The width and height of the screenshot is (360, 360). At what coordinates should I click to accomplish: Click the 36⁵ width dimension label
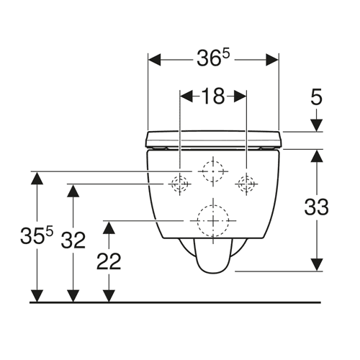[x=213, y=58]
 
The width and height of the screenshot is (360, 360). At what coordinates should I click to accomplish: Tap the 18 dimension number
[x=213, y=96]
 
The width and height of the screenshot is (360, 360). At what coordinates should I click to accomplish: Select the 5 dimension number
[x=316, y=96]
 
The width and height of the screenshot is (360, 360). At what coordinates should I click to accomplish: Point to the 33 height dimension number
[x=316, y=207]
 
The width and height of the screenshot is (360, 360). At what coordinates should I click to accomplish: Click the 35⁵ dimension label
[x=37, y=235]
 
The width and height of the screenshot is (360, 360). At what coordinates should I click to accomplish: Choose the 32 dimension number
[x=73, y=240]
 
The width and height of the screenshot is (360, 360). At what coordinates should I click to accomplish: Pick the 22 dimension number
[x=109, y=261]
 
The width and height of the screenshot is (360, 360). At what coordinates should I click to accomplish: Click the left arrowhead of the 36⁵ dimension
[x=154, y=60]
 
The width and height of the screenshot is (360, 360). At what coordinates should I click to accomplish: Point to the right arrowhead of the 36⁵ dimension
[x=272, y=60]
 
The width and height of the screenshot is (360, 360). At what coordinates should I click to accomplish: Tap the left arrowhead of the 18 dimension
[x=186, y=96]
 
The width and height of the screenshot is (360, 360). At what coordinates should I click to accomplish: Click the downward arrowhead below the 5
[x=317, y=125]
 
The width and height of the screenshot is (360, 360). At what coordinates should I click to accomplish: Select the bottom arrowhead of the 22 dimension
[x=109, y=296]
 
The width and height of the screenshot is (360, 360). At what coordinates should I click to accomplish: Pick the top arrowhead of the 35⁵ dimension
[x=37, y=178]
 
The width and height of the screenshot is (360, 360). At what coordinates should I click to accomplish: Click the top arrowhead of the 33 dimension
[x=317, y=156]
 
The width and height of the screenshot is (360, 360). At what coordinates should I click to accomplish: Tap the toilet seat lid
[x=213, y=139]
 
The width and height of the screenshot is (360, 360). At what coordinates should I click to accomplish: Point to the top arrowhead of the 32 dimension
[x=73, y=191]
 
